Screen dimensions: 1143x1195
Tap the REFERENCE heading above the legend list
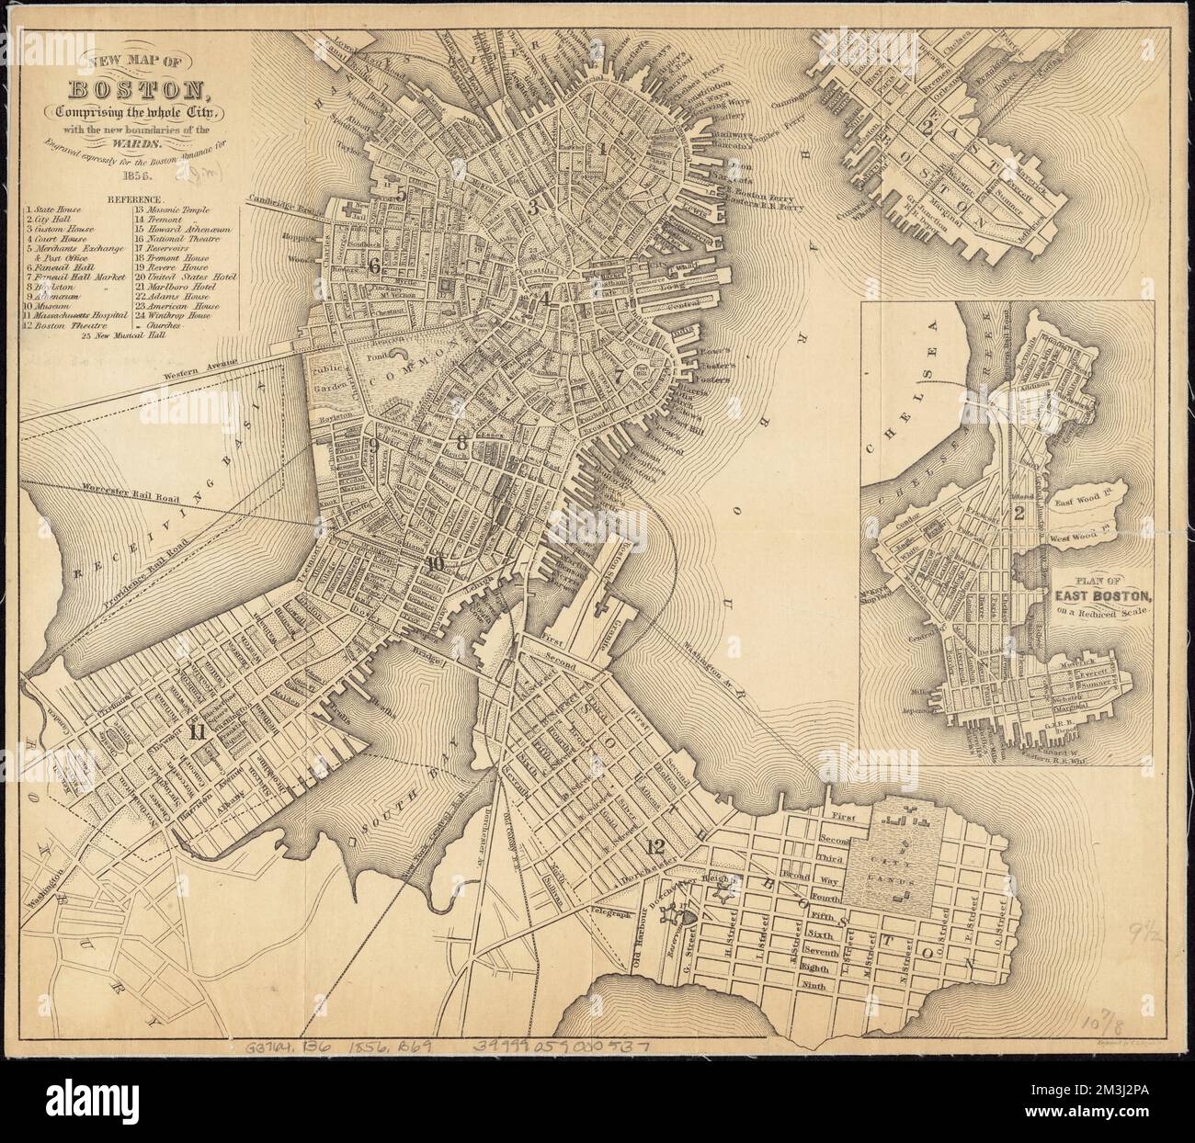tap(134, 198)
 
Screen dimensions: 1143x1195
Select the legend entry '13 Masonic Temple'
tap(174, 211)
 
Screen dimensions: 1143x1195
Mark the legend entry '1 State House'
tap(52, 211)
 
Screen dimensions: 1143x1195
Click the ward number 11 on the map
tap(196, 732)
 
